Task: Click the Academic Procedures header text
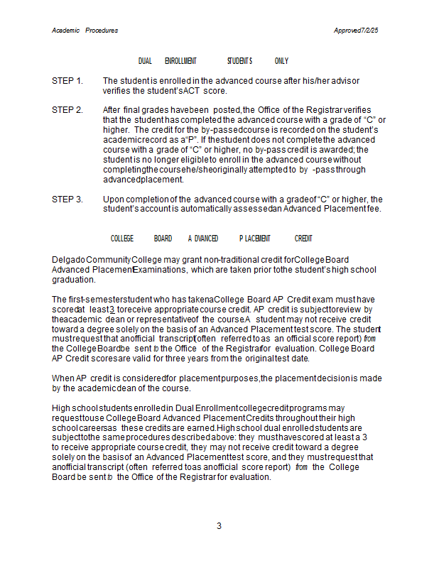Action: tap(85, 31)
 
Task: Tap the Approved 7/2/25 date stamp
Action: tap(356, 31)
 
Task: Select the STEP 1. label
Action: tap(67, 81)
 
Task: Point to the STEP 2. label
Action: tap(67, 109)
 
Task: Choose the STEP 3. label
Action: tap(67, 199)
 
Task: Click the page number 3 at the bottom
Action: tap(220, 526)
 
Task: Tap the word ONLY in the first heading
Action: tap(281, 61)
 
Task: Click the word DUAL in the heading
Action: tap(145, 61)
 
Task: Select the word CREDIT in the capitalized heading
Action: tap(303, 239)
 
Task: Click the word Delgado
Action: tap(68, 260)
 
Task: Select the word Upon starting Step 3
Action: tap(113, 199)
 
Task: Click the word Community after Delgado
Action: tap(108, 260)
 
